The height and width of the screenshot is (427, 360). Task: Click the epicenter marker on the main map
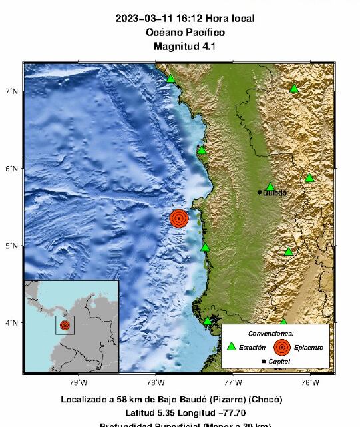179,218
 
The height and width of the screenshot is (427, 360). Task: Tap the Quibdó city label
275,193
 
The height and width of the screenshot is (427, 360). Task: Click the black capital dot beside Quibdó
260,192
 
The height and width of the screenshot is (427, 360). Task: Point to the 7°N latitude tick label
12,91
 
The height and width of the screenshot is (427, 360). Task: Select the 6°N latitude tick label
12,169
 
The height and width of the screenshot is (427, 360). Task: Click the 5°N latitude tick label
12,246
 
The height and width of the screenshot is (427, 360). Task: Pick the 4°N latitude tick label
12,323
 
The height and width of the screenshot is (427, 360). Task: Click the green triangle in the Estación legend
231,346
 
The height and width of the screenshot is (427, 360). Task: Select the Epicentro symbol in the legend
282,347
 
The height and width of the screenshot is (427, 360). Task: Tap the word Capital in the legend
281,361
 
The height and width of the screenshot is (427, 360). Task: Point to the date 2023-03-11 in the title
143,19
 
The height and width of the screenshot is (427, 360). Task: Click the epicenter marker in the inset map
65,325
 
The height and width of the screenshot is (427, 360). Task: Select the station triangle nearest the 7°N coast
171,79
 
